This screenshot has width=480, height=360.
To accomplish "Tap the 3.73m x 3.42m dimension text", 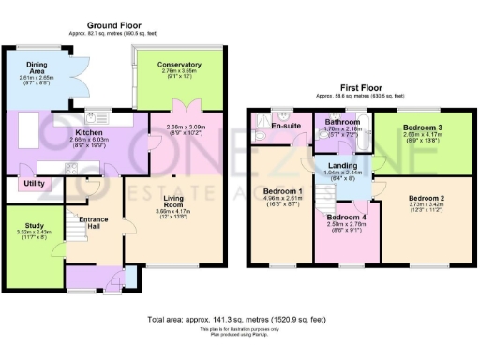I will (x=427, y=208).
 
